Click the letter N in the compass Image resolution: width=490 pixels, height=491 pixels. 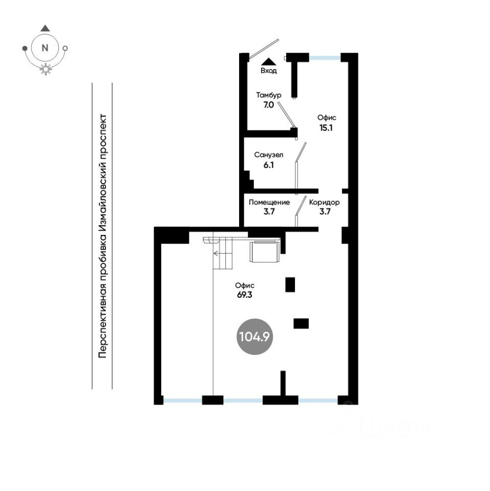(45, 48)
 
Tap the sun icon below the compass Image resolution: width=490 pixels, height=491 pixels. (46, 70)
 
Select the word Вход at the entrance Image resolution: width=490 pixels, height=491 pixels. (268, 71)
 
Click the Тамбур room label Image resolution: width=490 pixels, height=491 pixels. (268, 95)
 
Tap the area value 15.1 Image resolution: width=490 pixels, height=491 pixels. (326, 128)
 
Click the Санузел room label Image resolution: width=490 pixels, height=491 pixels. (269, 155)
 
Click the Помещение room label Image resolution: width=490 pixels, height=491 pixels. (269, 203)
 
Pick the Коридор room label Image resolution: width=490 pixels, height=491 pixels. (324, 203)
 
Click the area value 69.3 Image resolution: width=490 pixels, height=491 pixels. (245, 296)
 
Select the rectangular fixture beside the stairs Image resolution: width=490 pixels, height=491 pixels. (264, 252)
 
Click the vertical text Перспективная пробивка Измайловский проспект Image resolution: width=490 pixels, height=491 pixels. (102, 235)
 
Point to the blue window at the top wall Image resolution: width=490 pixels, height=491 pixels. (325, 58)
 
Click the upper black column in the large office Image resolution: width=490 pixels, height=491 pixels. (290, 284)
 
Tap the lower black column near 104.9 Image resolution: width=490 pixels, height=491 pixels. (301, 323)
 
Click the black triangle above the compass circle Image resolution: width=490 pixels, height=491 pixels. (45, 29)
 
